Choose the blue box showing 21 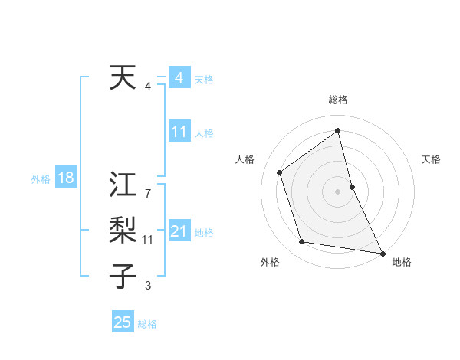pyautogui.click(x=179, y=231)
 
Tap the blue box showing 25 pyautogui.click(x=123, y=322)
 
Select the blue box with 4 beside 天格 pyautogui.click(x=179, y=78)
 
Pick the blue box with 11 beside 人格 pyautogui.click(x=179, y=132)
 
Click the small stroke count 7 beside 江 pyautogui.click(x=147, y=195)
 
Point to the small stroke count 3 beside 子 pyautogui.click(x=147, y=286)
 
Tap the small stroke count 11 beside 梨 pyautogui.click(x=148, y=240)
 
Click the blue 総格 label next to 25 pyautogui.click(x=147, y=324)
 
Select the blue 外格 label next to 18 pyautogui.click(x=41, y=179)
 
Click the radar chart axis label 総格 pyautogui.click(x=338, y=100)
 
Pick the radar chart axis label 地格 pyautogui.click(x=402, y=262)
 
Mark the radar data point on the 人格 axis pyautogui.click(x=280, y=172)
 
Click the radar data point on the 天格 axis pyautogui.click(x=352, y=186)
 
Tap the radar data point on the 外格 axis pyautogui.click(x=302, y=242)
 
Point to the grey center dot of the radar pyautogui.click(x=338, y=191)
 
